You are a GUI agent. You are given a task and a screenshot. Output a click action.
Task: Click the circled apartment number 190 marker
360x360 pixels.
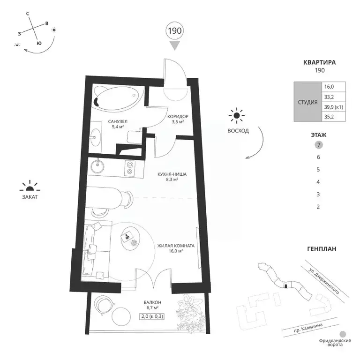click(175, 31)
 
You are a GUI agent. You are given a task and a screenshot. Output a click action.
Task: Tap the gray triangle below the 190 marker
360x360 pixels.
click(175, 45)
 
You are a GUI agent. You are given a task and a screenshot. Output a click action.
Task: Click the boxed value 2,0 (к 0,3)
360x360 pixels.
click(152, 316)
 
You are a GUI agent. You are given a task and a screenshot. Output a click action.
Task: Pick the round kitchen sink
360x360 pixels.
click(97, 166)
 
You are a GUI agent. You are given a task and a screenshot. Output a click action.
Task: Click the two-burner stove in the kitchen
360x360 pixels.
click(130, 168)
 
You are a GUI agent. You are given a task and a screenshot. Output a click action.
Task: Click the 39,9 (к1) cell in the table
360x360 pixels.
click(334, 107)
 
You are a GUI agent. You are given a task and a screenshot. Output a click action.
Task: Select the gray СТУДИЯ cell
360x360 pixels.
click(307, 102)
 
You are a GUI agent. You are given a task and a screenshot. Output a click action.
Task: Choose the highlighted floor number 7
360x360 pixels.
click(319, 145)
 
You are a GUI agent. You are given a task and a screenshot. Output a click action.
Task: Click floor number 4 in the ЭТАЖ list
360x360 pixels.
click(318, 182)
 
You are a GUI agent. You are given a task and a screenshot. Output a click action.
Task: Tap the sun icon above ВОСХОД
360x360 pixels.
click(237, 115)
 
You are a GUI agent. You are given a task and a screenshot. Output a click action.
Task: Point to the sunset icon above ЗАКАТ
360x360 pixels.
click(30, 187)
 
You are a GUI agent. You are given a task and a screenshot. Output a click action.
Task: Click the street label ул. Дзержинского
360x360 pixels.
click(324, 281)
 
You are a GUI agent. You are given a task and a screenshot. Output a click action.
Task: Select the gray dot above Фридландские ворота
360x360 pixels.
click(343, 334)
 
